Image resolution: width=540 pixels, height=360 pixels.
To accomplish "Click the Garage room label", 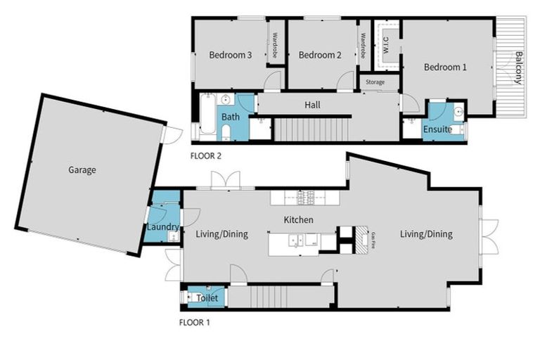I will (82, 169).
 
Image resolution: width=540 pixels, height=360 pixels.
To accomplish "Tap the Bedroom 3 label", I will (231, 55).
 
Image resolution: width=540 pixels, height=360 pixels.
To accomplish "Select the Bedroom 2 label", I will (319, 55).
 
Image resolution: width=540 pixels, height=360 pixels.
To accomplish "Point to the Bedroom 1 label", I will (445, 67).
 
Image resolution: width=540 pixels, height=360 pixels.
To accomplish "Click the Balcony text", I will (518, 67).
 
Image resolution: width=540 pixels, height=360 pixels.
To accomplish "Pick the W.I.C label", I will (385, 46).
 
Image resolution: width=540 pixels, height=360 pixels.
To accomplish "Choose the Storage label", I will (375, 82).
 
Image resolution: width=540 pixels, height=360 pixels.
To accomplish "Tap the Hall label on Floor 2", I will (312, 105).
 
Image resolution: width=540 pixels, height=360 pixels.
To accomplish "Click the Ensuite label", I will (437, 129).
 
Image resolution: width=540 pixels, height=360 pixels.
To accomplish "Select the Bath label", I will (230, 116).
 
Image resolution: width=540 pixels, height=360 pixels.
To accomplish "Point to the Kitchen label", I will (298, 220).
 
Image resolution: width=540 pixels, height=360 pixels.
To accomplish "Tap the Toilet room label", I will (207, 298).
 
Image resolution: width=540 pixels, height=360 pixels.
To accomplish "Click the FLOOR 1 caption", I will (195, 323).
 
